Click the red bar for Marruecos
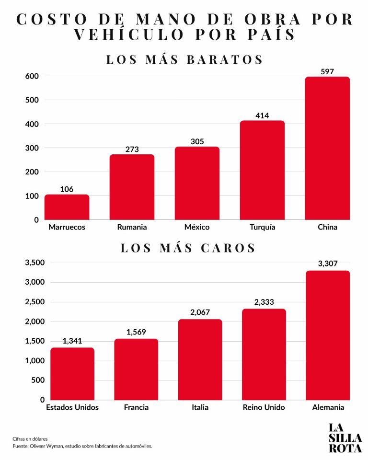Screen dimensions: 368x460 point(67,207)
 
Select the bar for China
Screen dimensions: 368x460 point(327,148)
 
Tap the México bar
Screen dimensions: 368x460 point(197,183)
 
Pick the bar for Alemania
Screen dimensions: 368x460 point(328,335)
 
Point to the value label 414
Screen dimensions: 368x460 point(262,115)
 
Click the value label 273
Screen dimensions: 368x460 point(132,149)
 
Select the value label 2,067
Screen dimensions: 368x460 point(200,312)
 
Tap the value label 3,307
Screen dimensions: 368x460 point(328,264)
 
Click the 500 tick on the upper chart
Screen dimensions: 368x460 point(32,100)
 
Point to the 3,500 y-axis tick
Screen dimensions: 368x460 point(34,263)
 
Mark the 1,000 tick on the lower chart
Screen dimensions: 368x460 point(34,360)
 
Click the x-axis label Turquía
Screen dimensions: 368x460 point(263,227)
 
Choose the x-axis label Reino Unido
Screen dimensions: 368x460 point(264,407)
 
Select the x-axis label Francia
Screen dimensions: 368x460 point(136,407)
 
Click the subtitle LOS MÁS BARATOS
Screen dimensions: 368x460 point(184,59)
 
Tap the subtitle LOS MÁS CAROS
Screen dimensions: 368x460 point(188,248)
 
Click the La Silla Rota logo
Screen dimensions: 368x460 point(345,438)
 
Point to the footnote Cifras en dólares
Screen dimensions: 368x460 point(30,439)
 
